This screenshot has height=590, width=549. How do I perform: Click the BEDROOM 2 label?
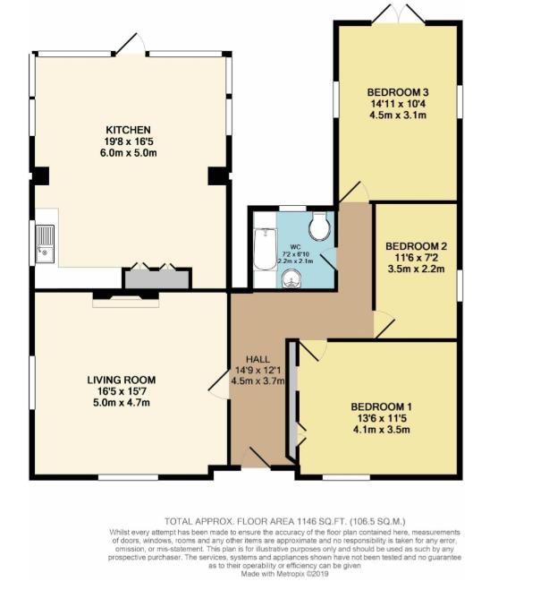pyautogui.click(x=416, y=245)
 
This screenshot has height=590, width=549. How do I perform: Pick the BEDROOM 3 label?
pyautogui.click(x=397, y=90)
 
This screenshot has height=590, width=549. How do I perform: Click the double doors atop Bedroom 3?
pyautogui.click(x=397, y=15)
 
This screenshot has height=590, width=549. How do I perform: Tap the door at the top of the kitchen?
pyautogui.click(x=131, y=44)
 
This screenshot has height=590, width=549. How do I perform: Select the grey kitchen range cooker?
pyautogui.click(x=156, y=278)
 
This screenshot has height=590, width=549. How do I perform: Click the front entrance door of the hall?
pyautogui.click(x=262, y=457)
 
